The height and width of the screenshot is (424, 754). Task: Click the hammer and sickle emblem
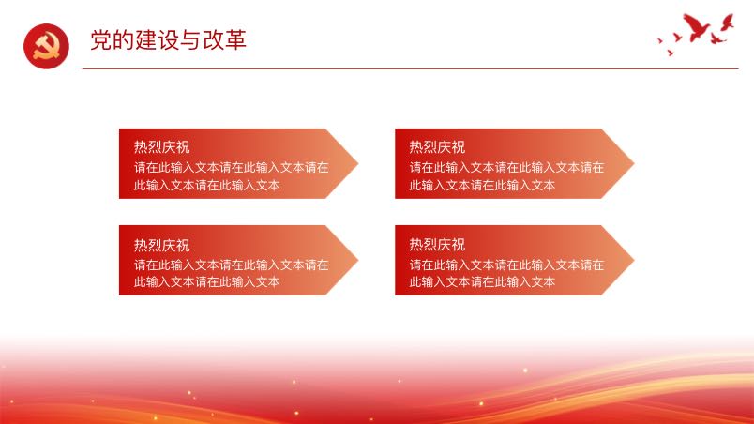click(x=46, y=46)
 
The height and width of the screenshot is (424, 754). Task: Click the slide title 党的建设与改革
click(x=168, y=39)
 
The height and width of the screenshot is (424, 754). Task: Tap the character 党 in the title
click(x=101, y=39)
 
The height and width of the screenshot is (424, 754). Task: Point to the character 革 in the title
click(x=235, y=39)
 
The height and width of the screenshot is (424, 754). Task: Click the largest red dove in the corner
click(x=695, y=27)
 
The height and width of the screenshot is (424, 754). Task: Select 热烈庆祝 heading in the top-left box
click(x=161, y=146)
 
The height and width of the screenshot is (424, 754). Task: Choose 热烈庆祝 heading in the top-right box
click(x=437, y=146)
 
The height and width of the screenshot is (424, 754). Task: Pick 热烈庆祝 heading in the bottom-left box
click(x=161, y=245)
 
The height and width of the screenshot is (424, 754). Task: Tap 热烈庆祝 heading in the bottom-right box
click(x=437, y=244)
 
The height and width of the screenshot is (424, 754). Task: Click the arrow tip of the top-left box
click(x=357, y=163)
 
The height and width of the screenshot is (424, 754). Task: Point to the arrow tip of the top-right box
click(x=633, y=163)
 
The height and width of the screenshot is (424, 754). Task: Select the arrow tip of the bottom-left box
click(x=357, y=260)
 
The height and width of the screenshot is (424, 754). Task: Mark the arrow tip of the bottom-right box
click(x=633, y=260)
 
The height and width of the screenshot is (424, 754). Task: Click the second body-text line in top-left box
click(x=206, y=185)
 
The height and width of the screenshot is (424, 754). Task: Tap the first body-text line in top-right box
click(x=506, y=167)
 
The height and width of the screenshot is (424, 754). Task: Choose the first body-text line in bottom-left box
click(x=232, y=265)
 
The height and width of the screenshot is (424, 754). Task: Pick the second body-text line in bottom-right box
click(x=482, y=281)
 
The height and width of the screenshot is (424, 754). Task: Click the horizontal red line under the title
click(x=410, y=68)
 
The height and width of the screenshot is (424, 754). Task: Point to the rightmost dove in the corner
click(x=727, y=23)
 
